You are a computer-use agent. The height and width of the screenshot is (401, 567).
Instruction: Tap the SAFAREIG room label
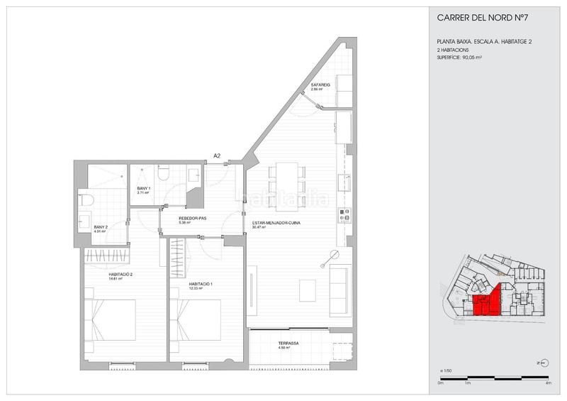tap(318, 86)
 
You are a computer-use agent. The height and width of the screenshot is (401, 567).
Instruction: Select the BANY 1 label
tap(142, 189)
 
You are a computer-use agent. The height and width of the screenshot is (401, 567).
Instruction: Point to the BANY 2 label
tap(101, 227)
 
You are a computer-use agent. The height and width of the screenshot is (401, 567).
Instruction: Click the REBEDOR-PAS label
tap(192, 219)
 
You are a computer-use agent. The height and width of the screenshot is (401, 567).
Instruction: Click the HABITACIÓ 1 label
tap(201, 284)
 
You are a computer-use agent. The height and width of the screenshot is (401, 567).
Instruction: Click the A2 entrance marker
tap(217, 155)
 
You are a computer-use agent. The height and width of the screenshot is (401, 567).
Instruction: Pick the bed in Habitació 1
tap(195, 319)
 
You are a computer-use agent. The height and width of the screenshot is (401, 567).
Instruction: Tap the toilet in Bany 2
tap(86, 201)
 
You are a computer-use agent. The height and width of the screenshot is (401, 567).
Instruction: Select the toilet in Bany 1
tap(162, 174)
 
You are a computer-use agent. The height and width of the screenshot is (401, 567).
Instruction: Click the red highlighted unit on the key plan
tap(488, 301)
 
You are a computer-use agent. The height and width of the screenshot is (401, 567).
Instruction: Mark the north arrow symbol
tap(542, 362)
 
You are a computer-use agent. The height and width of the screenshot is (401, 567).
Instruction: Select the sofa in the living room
tap(340, 290)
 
